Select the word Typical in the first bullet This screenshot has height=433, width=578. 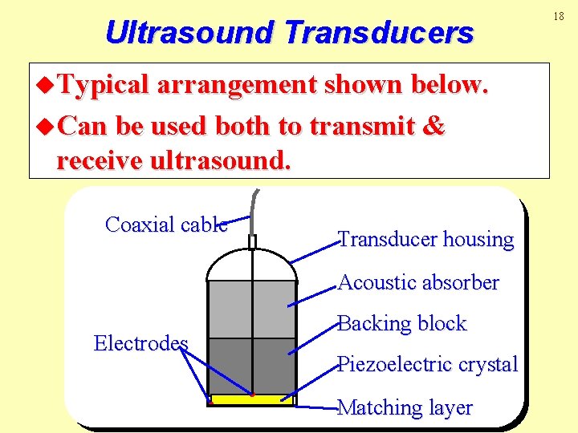[104, 84]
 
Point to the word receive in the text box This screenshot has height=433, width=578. [96, 160]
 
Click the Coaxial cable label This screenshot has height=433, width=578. [166, 225]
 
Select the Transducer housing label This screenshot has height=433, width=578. [425, 239]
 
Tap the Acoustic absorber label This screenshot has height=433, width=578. [418, 282]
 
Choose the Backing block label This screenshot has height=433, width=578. [402, 323]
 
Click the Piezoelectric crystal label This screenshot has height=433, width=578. [428, 364]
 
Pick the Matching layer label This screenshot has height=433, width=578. [405, 407]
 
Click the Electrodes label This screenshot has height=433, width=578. [140, 344]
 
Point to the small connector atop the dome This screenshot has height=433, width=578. [252, 241]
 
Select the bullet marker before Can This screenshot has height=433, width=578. [47, 127]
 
